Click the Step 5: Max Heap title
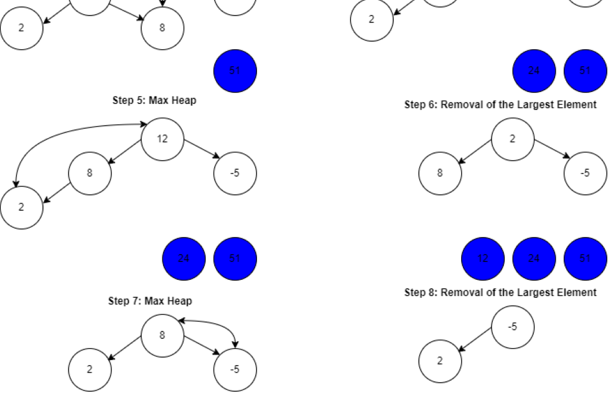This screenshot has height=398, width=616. coord(154,100)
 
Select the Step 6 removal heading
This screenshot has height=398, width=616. coord(500,104)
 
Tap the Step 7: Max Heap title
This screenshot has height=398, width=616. coord(150,301)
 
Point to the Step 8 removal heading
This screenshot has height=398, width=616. coord(500,292)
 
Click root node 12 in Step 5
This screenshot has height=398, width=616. coord(162,139)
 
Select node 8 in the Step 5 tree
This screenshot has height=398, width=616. coord(90,173)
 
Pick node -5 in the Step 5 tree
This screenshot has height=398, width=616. coord(235,173)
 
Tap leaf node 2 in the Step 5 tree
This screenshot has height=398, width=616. coord(21,207)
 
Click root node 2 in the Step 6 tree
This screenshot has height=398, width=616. coord(512,139)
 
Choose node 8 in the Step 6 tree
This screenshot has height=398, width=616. coord(440,173)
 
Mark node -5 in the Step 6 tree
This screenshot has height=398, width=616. coord(585,173)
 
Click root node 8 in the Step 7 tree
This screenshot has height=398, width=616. coord(162,335)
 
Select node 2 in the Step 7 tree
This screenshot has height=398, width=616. coord(90,369)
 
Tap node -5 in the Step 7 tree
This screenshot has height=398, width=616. coord(235,369)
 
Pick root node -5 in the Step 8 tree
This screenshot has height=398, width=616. coord(512,326)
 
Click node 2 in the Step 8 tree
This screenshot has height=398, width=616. coord(440,361)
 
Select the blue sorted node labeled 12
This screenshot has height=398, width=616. coord(483,259)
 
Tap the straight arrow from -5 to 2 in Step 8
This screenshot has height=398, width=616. coord(476,343)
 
